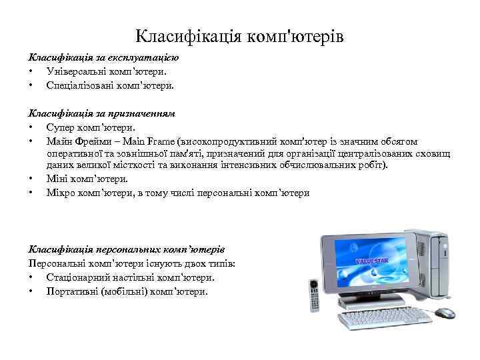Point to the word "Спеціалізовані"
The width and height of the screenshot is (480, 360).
tap(79, 85)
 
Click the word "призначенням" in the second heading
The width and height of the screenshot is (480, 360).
tap(143, 113)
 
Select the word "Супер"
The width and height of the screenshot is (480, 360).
tap(59, 127)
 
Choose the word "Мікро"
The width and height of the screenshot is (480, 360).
tap(60, 193)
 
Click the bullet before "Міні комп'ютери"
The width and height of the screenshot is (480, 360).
tap(31, 179)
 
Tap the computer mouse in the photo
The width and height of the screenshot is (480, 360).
tap(445, 312)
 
